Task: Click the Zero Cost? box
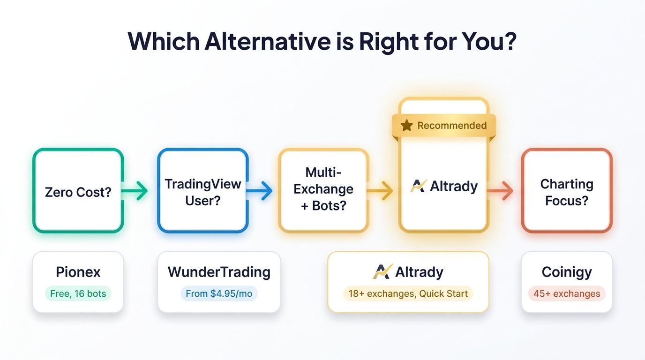click(78, 191)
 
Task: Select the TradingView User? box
click(202, 191)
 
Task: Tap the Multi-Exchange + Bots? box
click(323, 189)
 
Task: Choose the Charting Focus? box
click(567, 191)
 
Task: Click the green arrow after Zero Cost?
click(136, 191)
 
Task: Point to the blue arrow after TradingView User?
click(260, 191)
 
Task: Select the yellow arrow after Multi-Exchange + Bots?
click(380, 191)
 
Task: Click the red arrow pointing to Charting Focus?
click(501, 191)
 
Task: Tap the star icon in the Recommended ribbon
click(407, 126)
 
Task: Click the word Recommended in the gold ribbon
click(452, 126)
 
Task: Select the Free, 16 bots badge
click(78, 294)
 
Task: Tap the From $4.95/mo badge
click(219, 294)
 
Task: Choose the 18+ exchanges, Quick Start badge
click(408, 294)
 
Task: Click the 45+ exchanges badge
click(567, 294)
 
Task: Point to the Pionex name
click(78, 272)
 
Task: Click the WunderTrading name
click(219, 272)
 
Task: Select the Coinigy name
click(567, 272)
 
